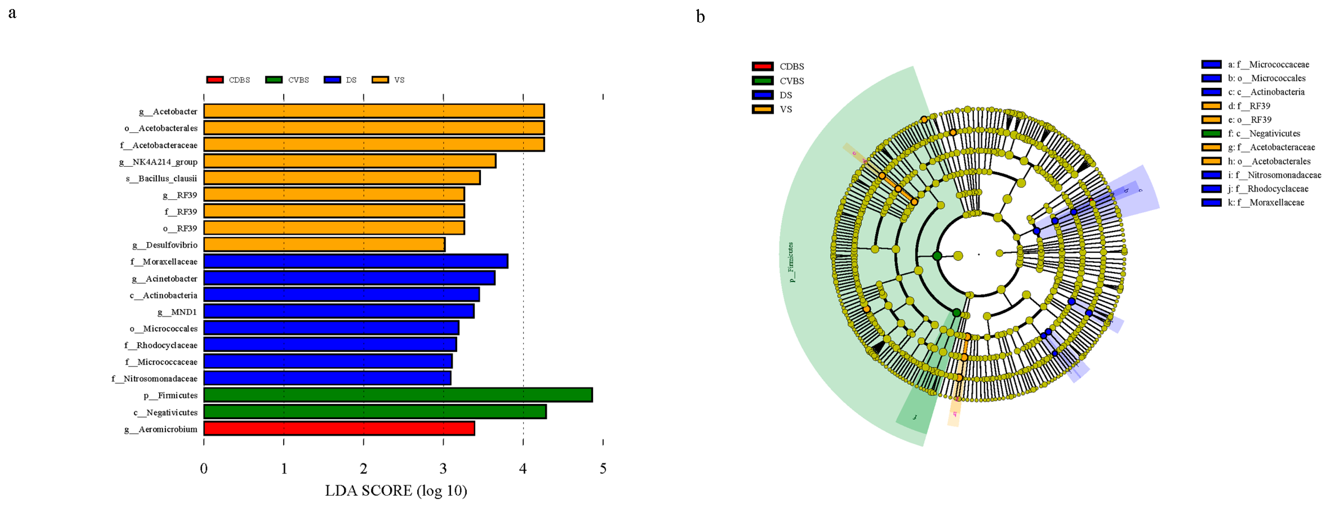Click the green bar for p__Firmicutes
398,395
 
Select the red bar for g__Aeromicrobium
339,429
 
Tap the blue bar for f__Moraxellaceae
355,261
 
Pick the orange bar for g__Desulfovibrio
324,245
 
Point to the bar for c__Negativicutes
375,412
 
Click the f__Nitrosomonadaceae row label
154,379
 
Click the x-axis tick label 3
443,468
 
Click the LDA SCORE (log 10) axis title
396,490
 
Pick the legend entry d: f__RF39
1249,105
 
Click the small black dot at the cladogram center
979,254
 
